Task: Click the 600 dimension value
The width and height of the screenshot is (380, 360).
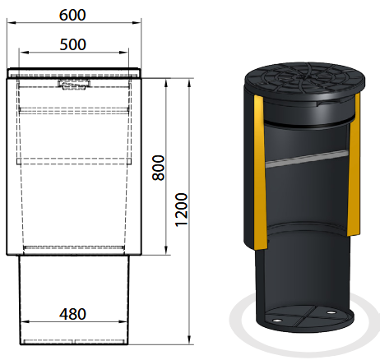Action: click(x=72, y=15)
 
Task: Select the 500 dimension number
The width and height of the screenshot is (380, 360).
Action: click(x=73, y=44)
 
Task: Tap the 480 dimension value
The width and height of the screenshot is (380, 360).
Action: click(x=73, y=314)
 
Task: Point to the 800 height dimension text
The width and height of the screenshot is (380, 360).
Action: click(x=159, y=168)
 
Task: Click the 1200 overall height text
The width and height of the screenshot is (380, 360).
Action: click(x=182, y=210)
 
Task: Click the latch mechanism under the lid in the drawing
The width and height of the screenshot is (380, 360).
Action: click(x=74, y=85)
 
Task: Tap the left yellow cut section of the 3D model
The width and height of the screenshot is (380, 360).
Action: click(x=260, y=172)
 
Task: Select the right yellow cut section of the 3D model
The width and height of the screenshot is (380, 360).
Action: click(x=354, y=164)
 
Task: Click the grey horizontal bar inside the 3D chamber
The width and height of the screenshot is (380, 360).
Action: click(x=307, y=159)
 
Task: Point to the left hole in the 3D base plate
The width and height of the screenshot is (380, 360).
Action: click(x=277, y=321)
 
